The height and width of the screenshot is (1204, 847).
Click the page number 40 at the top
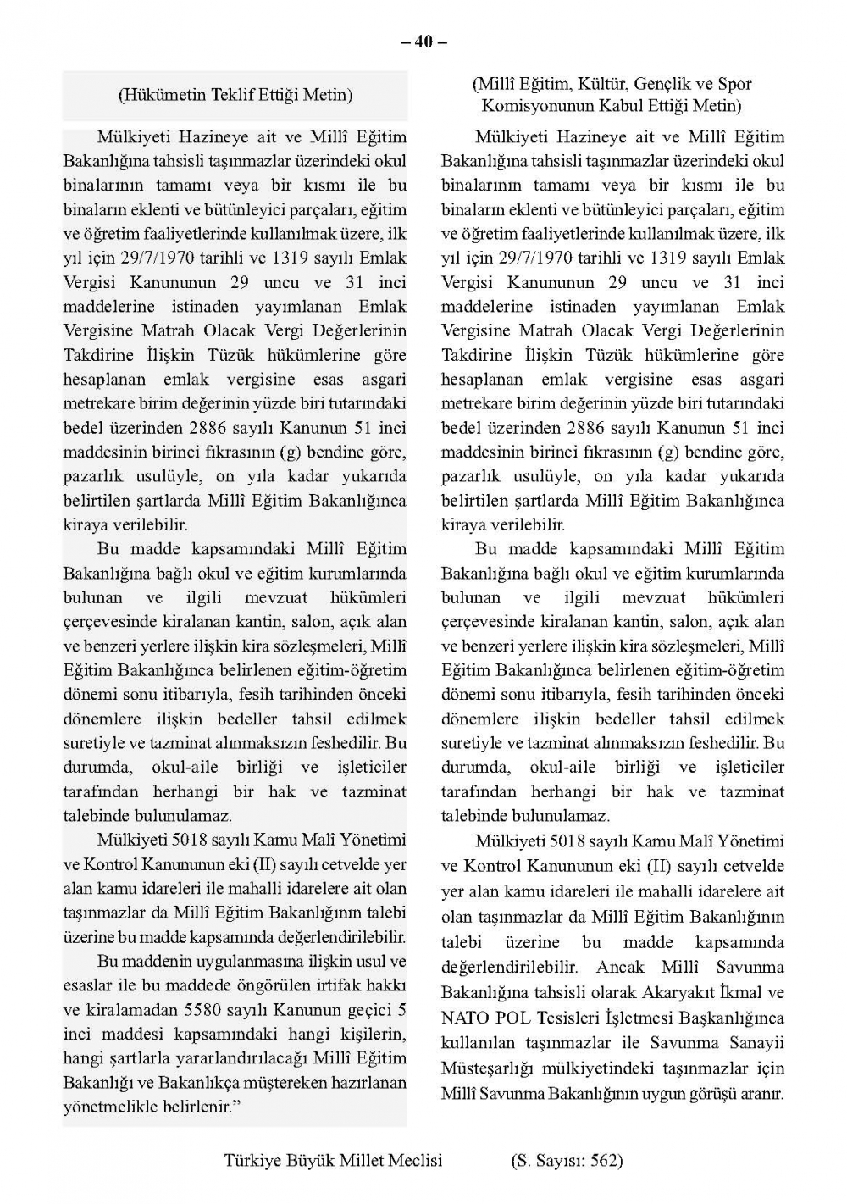(423, 42)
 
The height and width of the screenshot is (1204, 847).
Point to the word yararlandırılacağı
(246, 1058)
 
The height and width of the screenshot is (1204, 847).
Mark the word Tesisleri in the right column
(566, 1018)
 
